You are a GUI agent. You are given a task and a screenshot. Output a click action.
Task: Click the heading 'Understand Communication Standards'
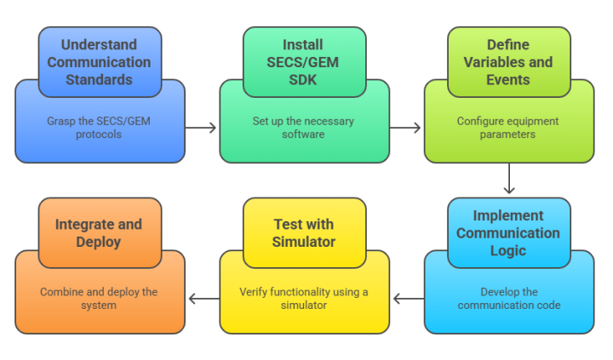point(99,62)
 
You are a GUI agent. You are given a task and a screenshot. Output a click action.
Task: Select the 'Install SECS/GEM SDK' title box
point(304,62)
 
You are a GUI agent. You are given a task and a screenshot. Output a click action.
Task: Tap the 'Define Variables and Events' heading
point(508,62)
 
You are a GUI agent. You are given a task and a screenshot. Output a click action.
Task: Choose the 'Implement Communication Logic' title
point(508,233)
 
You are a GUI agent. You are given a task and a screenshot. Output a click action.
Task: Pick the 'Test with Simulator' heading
point(304,233)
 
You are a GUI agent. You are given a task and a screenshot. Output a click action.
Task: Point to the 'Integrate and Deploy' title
point(100,233)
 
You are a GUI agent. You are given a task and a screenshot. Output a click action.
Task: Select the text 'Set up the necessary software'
point(304,128)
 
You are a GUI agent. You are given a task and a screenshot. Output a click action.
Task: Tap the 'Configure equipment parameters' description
point(508,128)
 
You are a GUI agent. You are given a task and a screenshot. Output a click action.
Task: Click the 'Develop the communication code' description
point(508,299)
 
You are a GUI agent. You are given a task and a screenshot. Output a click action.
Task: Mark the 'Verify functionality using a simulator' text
point(304,299)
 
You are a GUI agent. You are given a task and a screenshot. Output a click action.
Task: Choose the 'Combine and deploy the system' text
point(100,299)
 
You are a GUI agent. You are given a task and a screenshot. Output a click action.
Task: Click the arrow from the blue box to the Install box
point(202,129)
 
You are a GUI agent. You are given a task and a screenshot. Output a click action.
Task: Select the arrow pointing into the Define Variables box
point(406,129)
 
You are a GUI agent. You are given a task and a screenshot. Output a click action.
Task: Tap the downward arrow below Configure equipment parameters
point(509,180)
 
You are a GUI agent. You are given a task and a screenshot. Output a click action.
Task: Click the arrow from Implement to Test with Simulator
point(407,299)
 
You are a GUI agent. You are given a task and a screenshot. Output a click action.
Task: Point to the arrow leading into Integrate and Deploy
point(203,299)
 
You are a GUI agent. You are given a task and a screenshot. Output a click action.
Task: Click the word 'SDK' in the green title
point(304,79)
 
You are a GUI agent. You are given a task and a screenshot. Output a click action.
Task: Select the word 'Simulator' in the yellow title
point(304,242)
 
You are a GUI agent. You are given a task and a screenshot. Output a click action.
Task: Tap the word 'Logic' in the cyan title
point(508,250)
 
